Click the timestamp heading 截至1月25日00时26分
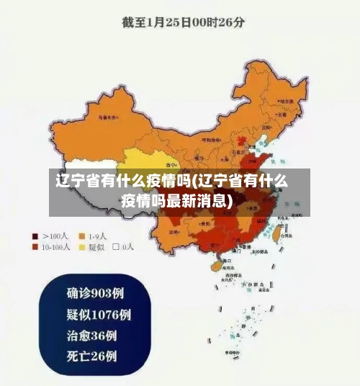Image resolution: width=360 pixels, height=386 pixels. pos(183,21)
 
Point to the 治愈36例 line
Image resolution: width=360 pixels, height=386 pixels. pos(92,335)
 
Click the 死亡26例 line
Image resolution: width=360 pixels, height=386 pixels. pos(92,356)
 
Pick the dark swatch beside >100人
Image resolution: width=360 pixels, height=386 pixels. pos(35,235)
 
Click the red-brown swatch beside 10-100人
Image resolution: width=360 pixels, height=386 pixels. pos(35,246)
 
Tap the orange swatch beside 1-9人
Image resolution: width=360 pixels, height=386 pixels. pos(82,235)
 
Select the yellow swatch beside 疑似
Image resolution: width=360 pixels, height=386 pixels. pos(82,246)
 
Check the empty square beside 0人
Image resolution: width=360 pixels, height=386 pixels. pos(116,246)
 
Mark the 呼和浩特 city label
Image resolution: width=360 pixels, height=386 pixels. pos(213,140)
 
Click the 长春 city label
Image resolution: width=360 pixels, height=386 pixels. pos(282,113)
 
